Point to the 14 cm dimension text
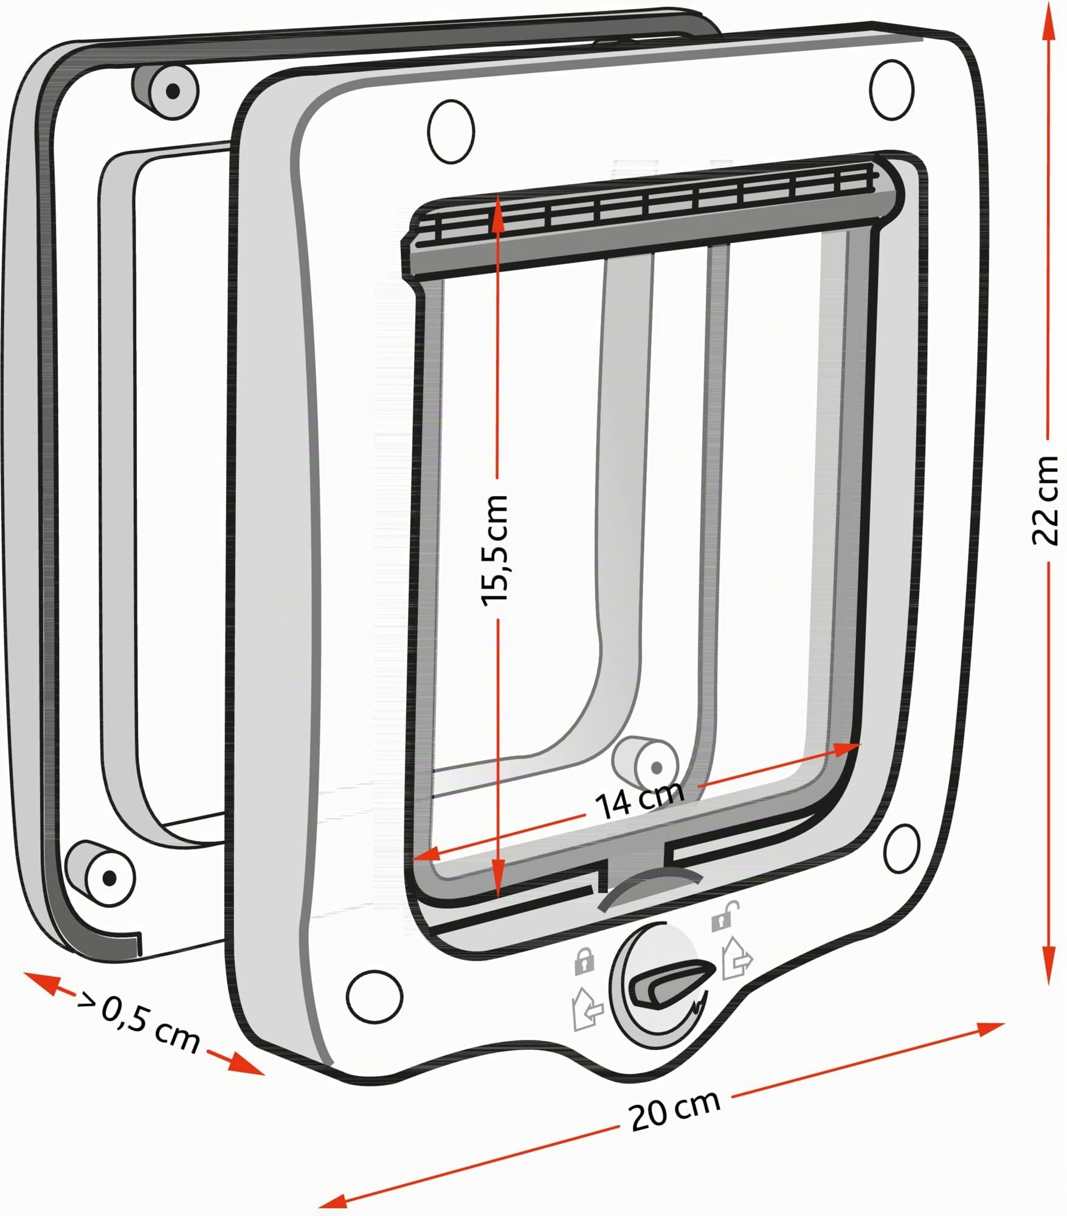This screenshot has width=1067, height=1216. coord(640,798)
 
